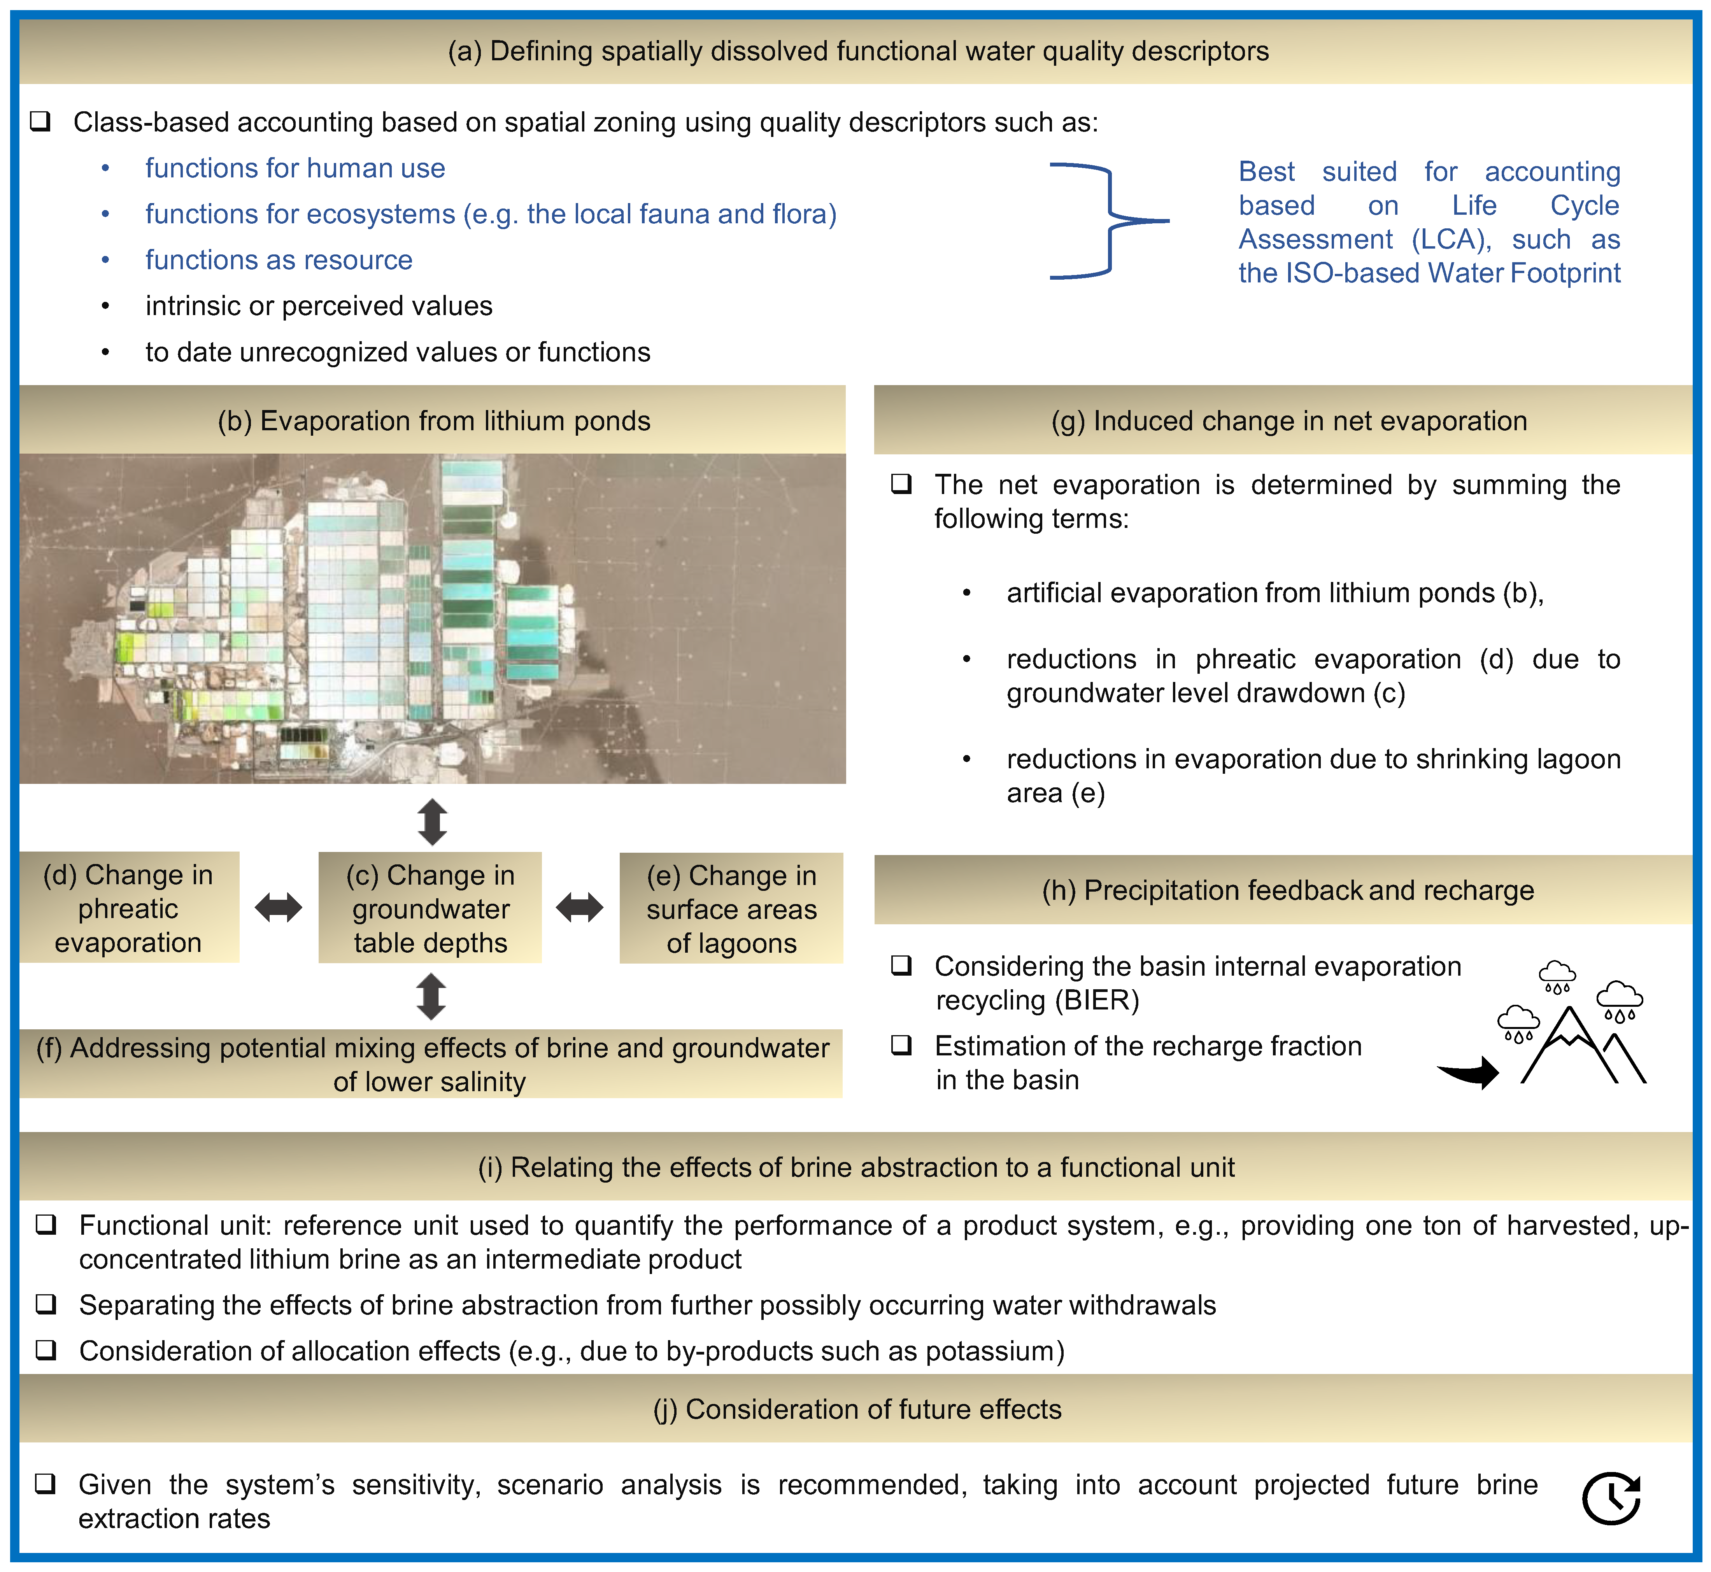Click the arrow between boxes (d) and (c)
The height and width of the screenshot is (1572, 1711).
coord(278,908)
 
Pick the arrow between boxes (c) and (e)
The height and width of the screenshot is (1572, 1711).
coord(579,908)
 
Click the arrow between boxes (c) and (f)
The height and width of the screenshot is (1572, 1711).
coord(431,996)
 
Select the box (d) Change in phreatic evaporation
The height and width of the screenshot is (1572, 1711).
coord(128,908)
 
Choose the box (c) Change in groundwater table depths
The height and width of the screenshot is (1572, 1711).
coord(431,908)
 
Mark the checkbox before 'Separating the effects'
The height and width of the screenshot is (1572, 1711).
coord(46,1304)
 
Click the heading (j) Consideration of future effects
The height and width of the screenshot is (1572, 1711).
coord(857,1409)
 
